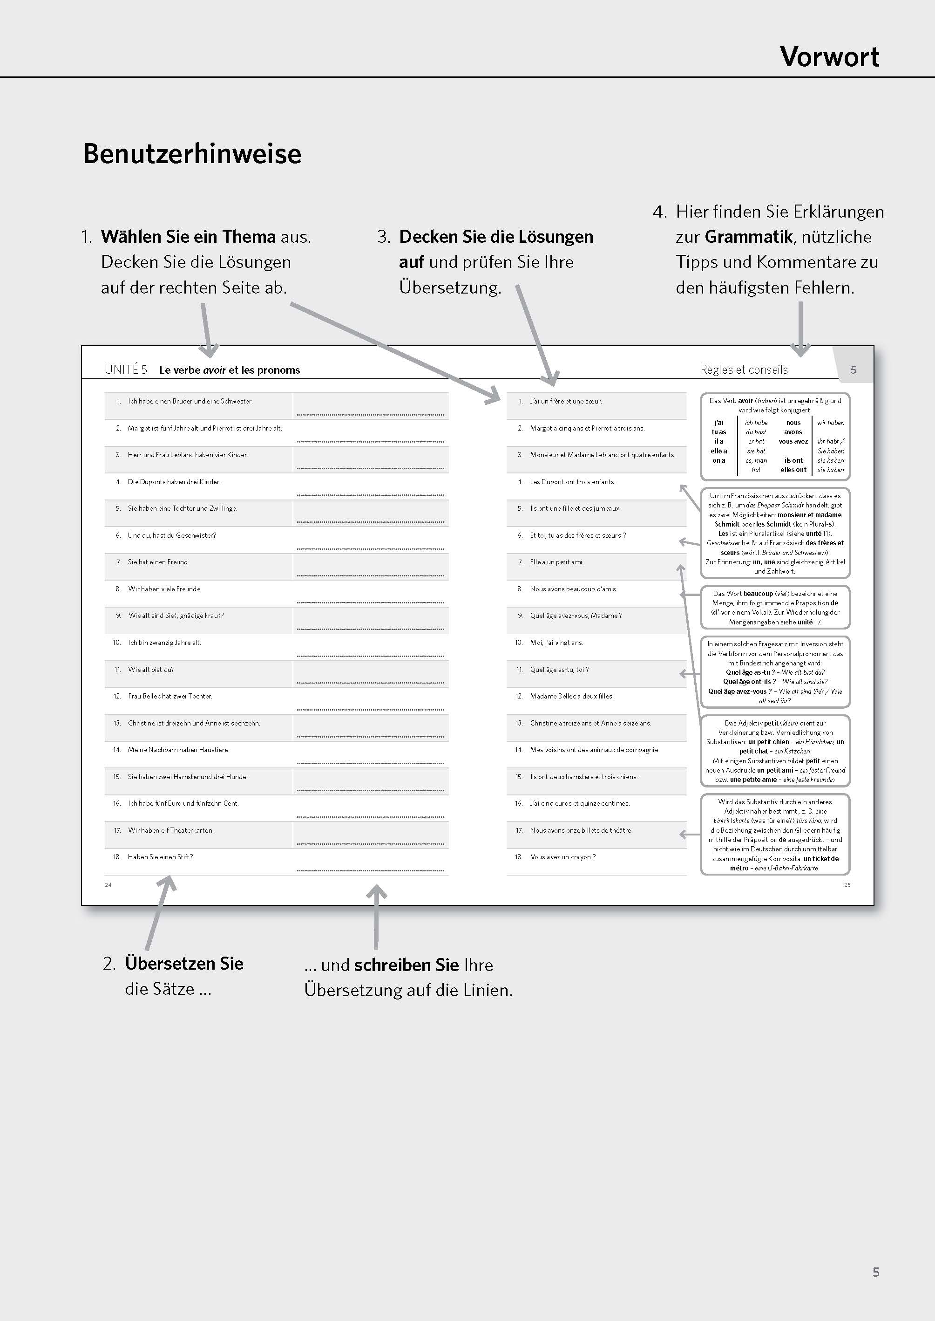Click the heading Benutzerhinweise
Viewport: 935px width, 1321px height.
click(x=192, y=154)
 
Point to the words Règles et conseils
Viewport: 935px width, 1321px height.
click(x=744, y=370)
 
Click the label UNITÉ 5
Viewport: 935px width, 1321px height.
click(x=126, y=370)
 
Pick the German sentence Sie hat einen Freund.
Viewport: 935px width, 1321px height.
click(x=158, y=561)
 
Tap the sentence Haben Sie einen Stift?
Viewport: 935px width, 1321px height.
click(x=160, y=856)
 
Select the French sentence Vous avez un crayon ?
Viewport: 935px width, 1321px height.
click(x=562, y=856)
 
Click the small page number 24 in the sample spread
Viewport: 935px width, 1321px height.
click(x=108, y=885)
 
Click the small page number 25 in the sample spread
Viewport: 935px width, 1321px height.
click(x=847, y=885)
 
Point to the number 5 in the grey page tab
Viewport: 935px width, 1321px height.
click(x=853, y=370)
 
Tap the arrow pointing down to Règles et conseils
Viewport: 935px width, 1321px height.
click(x=800, y=329)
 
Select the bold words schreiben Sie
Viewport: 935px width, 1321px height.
click(x=406, y=965)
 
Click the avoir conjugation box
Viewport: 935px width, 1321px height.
click(x=775, y=437)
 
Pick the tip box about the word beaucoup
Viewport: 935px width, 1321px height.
click(x=775, y=607)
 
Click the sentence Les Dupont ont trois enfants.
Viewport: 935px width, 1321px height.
click(x=572, y=482)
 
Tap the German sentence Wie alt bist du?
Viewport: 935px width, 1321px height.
click(x=151, y=670)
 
